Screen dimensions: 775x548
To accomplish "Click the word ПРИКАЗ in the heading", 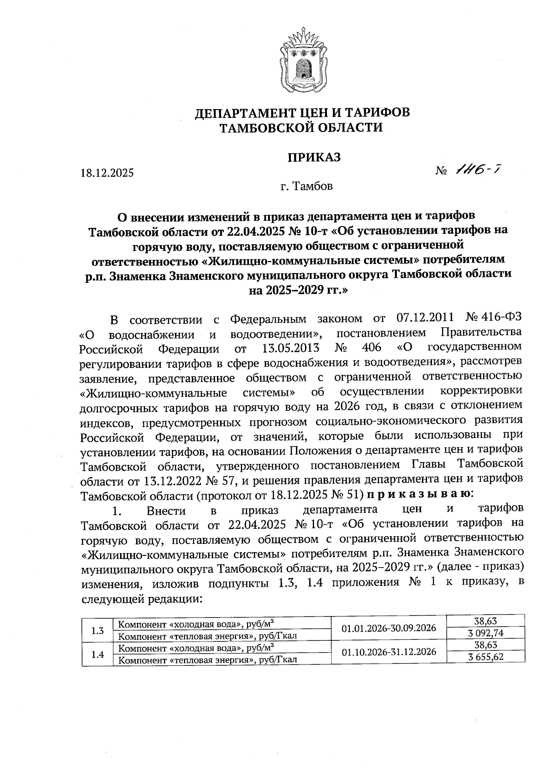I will click(x=314, y=157).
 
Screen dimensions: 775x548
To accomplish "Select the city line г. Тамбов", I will click(x=306, y=186).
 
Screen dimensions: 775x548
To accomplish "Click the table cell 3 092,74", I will click(x=485, y=633).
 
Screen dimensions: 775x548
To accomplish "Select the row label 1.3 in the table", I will click(x=97, y=631).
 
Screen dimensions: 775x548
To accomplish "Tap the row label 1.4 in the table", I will click(x=97, y=654).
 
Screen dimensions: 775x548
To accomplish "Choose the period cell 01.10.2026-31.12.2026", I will click(x=389, y=651).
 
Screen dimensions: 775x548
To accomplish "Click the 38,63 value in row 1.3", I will click(x=485, y=621).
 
